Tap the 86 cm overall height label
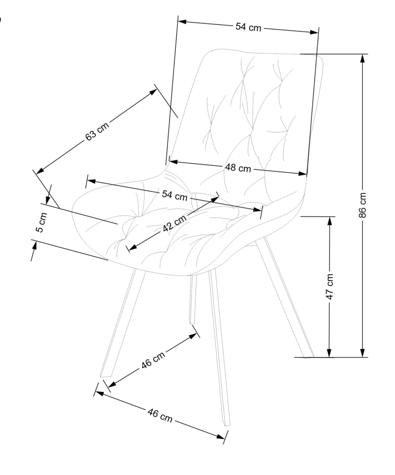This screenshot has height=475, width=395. pyautogui.click(x=363, y=205)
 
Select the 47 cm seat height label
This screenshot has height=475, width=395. pyautogui.click(x=330, y=286)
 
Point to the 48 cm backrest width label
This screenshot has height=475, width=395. pyautogui.click(x=238, y=168)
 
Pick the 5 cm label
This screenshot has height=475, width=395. pyautogui.click(x=42, y=223)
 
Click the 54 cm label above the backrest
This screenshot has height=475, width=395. pyautogui.click(x=248, y=28)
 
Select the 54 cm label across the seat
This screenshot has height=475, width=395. pyautogui.click(x=174, y=195)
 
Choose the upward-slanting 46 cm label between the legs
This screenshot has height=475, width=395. pyautogui.click(x=153, y=359)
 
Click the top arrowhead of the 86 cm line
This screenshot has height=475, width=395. pyautogui.click(x=363, y=57)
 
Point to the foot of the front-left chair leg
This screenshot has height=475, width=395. pyautogui.click(x=105, y=376)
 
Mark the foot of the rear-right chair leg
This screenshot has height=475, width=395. pyautogui.click(x=309, y=356)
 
